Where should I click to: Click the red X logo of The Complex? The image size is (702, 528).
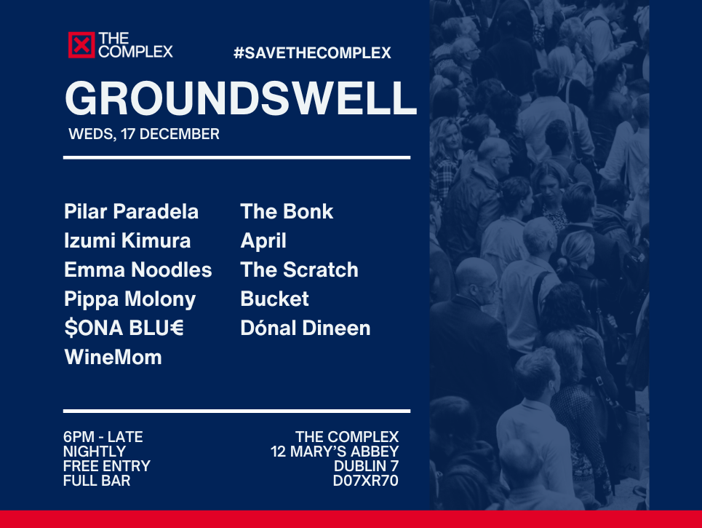point(81,45)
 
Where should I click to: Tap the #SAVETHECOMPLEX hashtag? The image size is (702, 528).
point(312,53)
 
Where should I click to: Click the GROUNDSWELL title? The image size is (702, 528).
point(241,98)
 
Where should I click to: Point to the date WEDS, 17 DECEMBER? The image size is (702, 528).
point(144,134)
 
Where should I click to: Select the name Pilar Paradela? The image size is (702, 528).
point(131,211)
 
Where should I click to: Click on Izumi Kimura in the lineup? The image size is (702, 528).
point(127,240)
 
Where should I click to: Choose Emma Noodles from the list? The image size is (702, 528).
point(138,269)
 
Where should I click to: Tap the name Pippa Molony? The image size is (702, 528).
point(130,299)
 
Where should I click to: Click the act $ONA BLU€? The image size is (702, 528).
point(124,328)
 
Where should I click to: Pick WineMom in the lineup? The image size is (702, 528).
point(113,358)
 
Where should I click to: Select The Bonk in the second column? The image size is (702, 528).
point(287,211)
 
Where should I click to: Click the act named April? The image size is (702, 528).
point(263,240)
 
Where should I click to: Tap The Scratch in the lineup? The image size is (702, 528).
point(299,269)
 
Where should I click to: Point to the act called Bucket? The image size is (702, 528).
point(274,299)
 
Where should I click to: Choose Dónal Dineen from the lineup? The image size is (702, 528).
point(306,328)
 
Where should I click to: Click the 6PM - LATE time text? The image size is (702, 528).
point(103,437)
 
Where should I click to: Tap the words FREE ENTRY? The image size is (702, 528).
point(107,466)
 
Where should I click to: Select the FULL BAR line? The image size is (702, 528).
point(97,481)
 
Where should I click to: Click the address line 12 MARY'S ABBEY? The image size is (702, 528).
point(335,452)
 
